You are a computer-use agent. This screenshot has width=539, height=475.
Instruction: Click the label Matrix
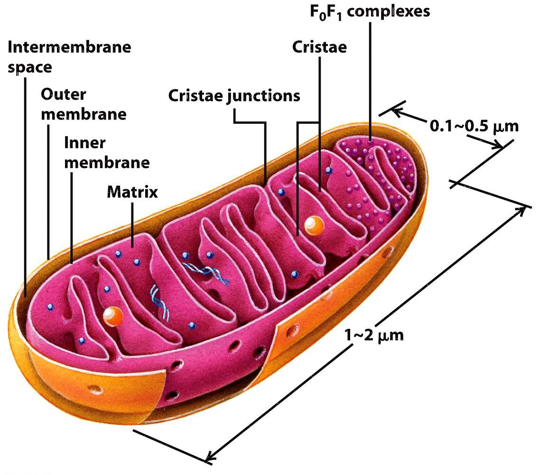pyautogui.click(x=132, y=192)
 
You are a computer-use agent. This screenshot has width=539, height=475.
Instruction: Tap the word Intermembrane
pyautogui.click(x=70, y=47)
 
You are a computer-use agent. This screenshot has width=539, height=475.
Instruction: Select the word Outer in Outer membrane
pyautogui.click(x=64, y=94)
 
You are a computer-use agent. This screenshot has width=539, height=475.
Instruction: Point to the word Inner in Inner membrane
pyautogui.click(x=85, y=143)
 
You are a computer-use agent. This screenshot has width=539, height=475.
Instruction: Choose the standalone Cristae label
pyautogui.click(x=319, y=47)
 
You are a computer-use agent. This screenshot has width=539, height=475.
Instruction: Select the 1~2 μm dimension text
pyautogui.click(x=374, y=335)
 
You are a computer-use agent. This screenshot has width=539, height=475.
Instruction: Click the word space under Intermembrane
pyautogui.click(x=29, y=67)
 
